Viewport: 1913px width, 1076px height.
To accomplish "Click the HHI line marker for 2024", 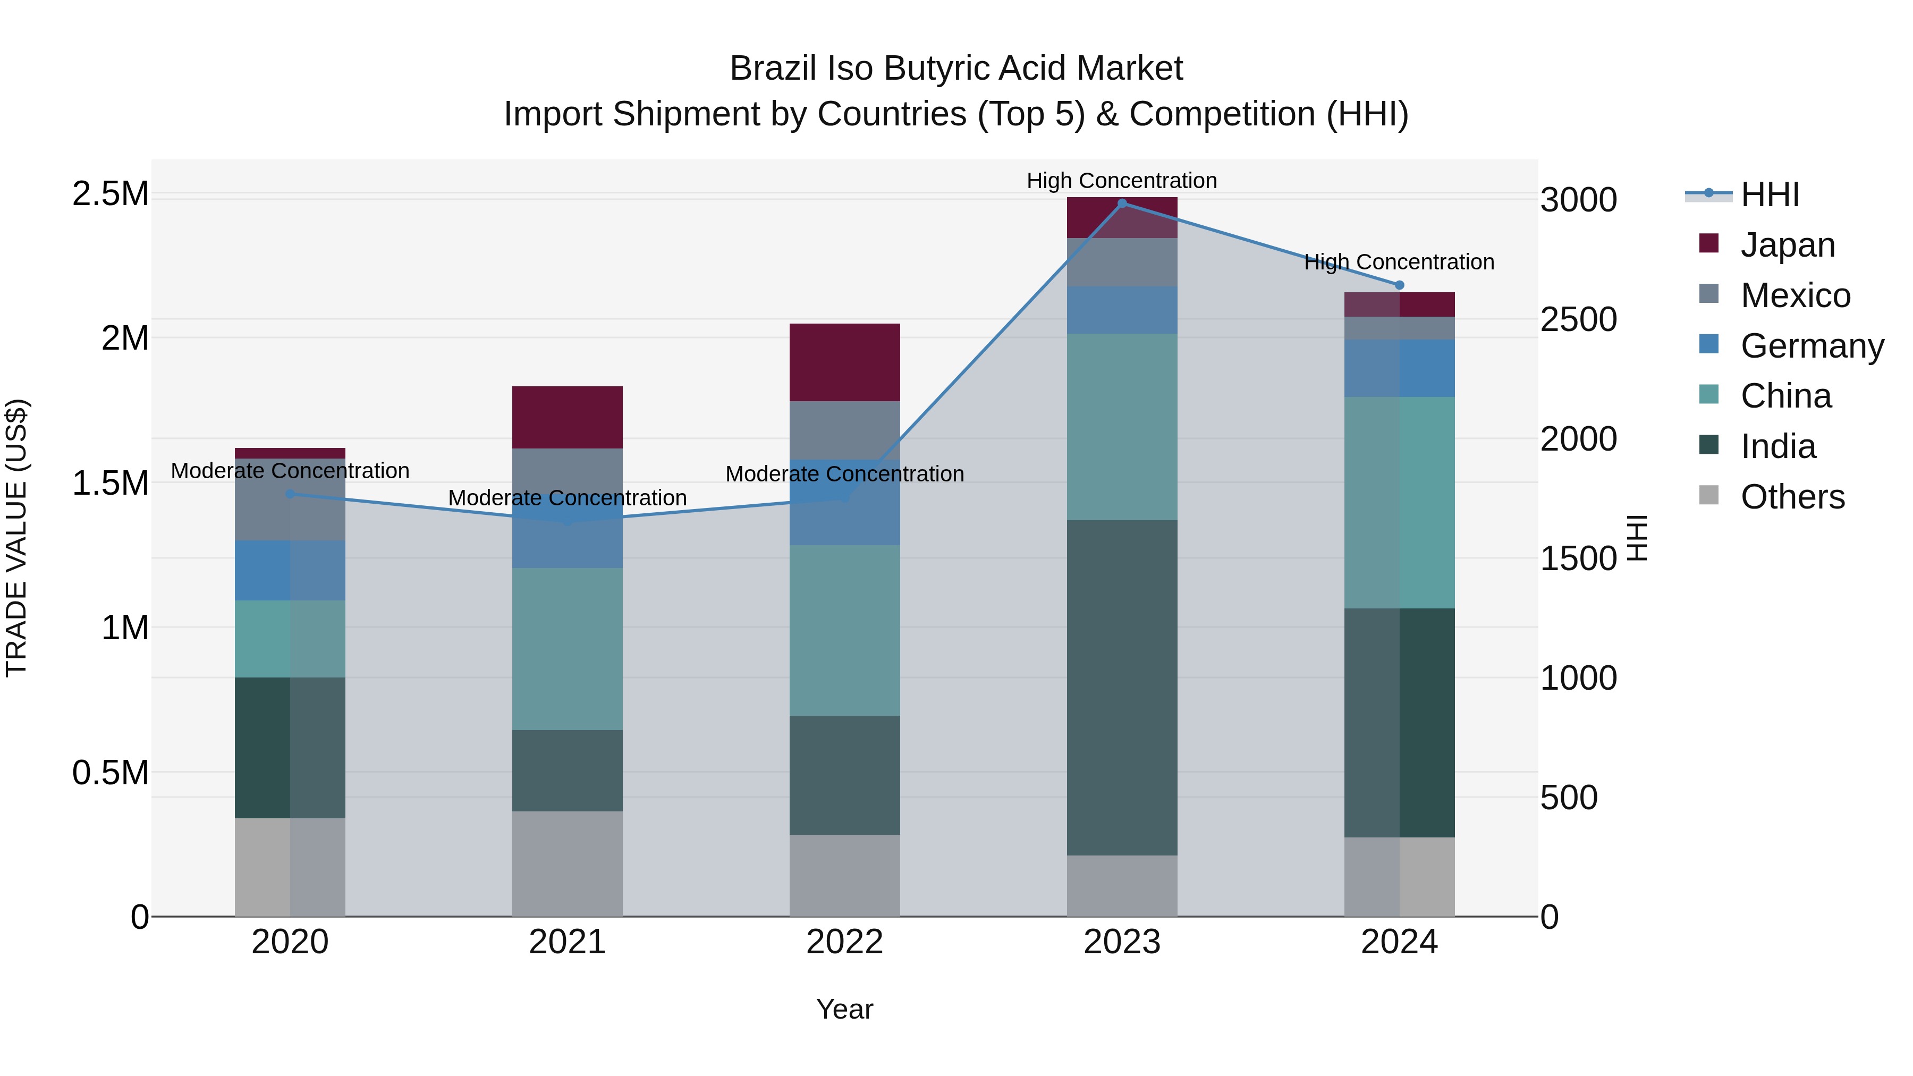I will coord(1399,285).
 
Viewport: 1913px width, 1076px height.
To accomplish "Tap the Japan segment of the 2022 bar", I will coord(844,362).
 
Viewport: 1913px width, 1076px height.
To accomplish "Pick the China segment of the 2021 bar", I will coord(568,648).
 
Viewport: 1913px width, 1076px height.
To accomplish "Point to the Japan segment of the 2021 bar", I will coord(568,417).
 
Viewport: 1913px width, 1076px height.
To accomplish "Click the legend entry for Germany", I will coord(1812,346).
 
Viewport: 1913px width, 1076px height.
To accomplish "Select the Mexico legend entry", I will coord(1795,295).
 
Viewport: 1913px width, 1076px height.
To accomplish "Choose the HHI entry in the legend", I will coord(1770,194).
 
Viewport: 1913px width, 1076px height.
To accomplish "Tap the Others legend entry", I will coord(1792,497).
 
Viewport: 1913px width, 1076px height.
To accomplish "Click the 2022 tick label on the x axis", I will coord(844,942).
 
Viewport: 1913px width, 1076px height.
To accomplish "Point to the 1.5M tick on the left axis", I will coord(110,484).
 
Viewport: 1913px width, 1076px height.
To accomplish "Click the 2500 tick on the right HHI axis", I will coord(1578,319).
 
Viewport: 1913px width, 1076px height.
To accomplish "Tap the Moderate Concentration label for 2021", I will coord(568,497).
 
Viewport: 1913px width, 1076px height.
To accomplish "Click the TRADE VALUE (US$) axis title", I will coord(16,538).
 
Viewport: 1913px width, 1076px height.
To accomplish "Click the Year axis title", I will coord(844,1009).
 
